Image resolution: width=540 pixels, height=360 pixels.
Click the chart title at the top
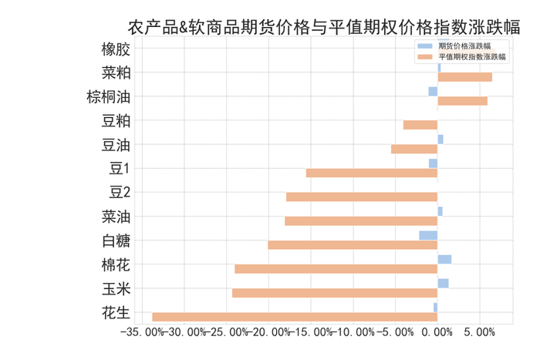323,28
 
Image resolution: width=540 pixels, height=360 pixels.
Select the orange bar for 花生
295,317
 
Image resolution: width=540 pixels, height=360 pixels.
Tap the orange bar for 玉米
335,293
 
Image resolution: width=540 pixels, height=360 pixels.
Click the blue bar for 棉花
444,260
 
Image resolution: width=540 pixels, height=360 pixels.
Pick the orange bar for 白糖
353,245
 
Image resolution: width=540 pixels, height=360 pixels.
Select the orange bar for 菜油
361,221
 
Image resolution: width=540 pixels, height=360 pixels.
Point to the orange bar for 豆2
362,197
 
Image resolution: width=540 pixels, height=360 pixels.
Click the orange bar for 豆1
372,173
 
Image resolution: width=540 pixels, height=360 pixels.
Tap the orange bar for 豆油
414,149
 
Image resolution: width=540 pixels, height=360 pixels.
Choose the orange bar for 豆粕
420,125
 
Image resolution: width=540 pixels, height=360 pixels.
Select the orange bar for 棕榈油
462,101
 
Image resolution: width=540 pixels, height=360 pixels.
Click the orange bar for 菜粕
464,77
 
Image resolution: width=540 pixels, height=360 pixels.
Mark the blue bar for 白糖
428,235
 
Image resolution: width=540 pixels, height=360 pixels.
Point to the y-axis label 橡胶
116,49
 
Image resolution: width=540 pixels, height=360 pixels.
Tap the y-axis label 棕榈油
109,97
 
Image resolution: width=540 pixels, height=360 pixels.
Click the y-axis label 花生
116,313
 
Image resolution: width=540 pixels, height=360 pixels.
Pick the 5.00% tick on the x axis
480,332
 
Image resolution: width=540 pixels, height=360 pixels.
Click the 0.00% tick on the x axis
437,332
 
